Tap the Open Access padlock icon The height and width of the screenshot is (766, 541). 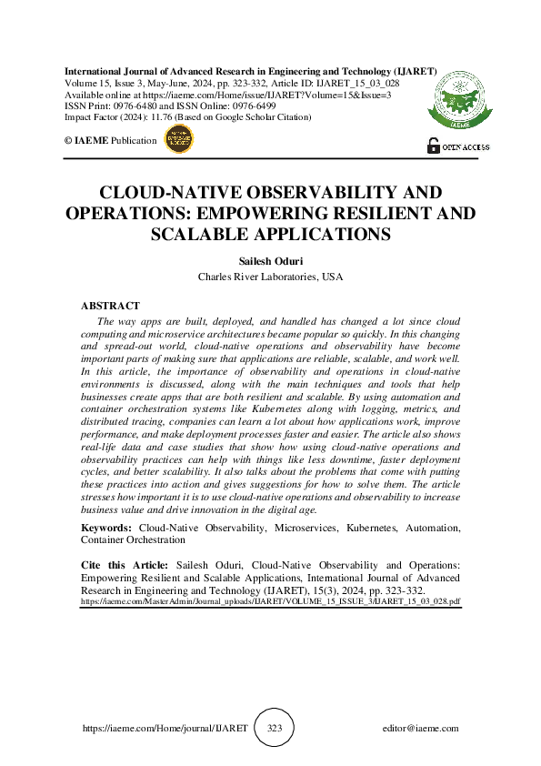(433, 145)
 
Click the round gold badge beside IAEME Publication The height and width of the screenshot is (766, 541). (177, 139)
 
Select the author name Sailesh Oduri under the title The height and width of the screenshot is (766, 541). (270, 260)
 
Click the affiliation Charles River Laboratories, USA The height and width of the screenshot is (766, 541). (270, 276)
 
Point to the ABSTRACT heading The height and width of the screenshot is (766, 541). (111, 307)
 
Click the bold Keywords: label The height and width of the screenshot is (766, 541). (107, 528)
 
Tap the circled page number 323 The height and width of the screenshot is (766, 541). (276, 729)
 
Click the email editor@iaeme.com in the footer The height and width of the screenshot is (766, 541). (421, 729)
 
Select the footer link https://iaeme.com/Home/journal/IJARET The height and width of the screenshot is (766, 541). (165, 729)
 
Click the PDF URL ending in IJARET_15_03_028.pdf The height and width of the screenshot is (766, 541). (271, 601)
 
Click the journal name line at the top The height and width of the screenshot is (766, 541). (251, 71)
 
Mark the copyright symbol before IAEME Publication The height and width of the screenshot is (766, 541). (67, 139)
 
